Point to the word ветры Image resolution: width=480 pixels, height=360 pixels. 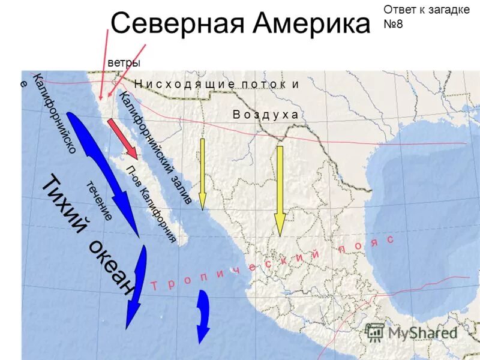coord(124,62)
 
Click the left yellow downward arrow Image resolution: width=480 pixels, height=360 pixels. coord(202,174)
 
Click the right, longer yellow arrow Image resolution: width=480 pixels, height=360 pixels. coord(280,191)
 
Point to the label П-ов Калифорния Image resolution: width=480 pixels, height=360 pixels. coord(151,204)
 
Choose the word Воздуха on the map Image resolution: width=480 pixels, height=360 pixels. coord(265,115)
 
